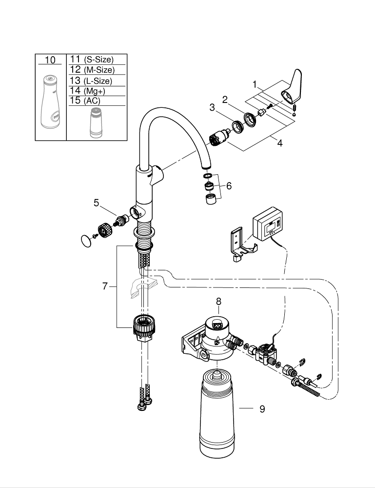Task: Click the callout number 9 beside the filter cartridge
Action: pos(262,408)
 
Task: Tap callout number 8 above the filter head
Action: pos(218,301)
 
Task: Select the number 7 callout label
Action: pos(105,286)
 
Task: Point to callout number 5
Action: pos(97,203)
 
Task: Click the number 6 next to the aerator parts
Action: pos(229,186)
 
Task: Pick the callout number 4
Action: pos(280,143)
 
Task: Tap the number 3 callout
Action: pos(212,108)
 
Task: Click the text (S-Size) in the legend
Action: pos(99,60)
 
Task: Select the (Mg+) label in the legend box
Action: pos(95,91)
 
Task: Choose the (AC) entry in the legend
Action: pos(92,101)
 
